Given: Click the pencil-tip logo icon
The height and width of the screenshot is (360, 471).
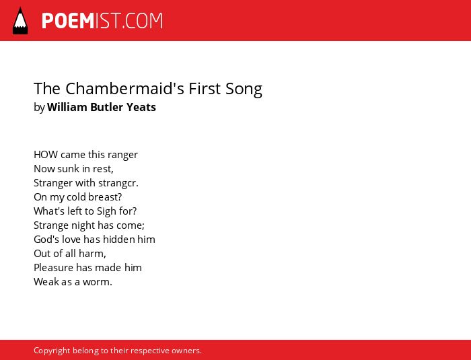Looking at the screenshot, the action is [20, 21].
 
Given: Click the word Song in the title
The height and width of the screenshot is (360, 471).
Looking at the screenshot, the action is [244, 89].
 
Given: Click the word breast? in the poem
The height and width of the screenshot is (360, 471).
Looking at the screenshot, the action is [103, 197].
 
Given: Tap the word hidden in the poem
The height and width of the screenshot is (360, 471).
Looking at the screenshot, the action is [120, 240].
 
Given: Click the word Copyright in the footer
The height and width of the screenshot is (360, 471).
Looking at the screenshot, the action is [52, 351].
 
